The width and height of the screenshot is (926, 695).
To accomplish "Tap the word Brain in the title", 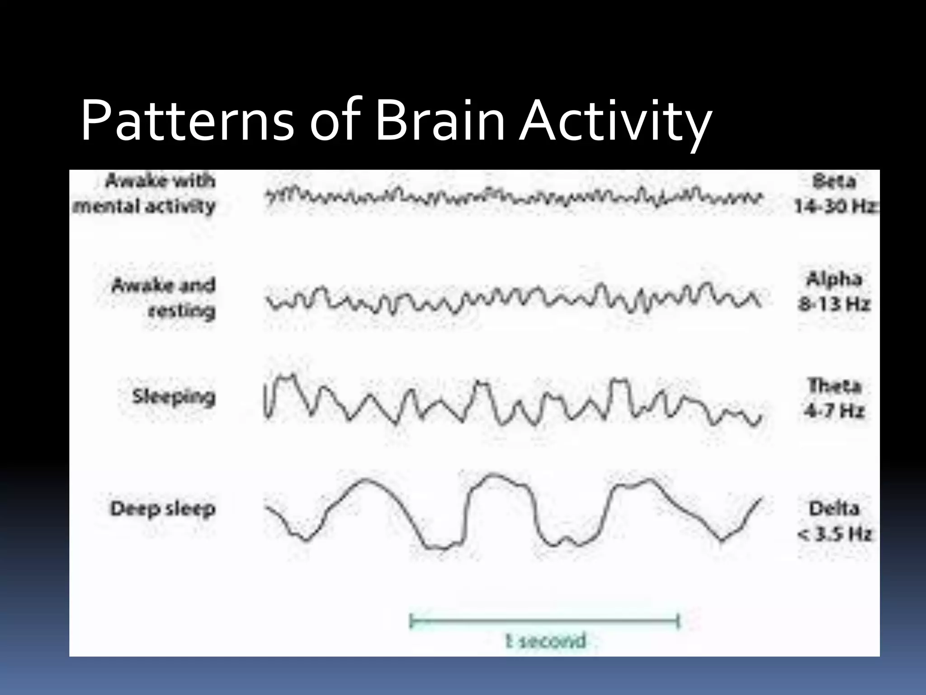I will [439, 121].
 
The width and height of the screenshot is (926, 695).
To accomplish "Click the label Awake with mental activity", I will [144, 193].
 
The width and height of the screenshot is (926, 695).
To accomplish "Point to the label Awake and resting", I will [163, 298].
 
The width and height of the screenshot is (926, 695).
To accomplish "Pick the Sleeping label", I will [173, 397].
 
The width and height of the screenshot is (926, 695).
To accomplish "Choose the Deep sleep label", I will [163, 509].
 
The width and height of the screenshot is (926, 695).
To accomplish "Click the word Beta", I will [834, 181].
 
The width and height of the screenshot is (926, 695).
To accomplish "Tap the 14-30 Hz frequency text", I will [836, 206].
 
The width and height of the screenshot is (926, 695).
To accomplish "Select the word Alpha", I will [834, 279].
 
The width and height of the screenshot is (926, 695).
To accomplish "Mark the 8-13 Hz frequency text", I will [834, 304].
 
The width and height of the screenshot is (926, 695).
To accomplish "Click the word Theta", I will [835, 386].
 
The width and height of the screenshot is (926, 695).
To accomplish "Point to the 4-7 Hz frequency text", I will [834, 411].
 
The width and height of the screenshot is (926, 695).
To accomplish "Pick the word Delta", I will [834, 509].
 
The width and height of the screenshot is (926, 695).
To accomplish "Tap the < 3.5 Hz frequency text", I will [834, 534].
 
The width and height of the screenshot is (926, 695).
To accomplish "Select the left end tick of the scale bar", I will [411, 621].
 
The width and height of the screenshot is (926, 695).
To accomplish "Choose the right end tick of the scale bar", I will [678, 621].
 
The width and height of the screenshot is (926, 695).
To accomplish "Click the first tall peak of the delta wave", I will [365, 480].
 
